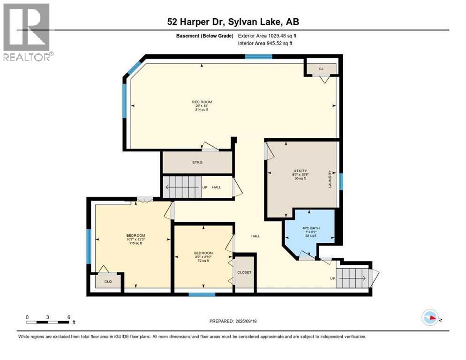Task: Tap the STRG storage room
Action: click(x=197, y=163)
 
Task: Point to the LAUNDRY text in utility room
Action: click(x=330, y=179)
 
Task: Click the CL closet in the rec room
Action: click(x=321, y=69)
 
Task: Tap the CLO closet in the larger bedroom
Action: click(x=107, y=282)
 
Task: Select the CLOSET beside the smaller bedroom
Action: click(x=244, y=272)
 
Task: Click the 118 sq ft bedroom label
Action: click(x=135, y=239)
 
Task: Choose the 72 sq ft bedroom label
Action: click(x=203, y=256)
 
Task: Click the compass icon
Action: click(x=430, y=318)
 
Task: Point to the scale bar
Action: click(x=48, y=322)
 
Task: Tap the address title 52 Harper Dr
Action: click(x=233, y=22)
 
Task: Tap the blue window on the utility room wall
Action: click(x=341, y=181)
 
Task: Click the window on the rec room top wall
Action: click(x=258, y=57)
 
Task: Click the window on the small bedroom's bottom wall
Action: click(x=202, y=294)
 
